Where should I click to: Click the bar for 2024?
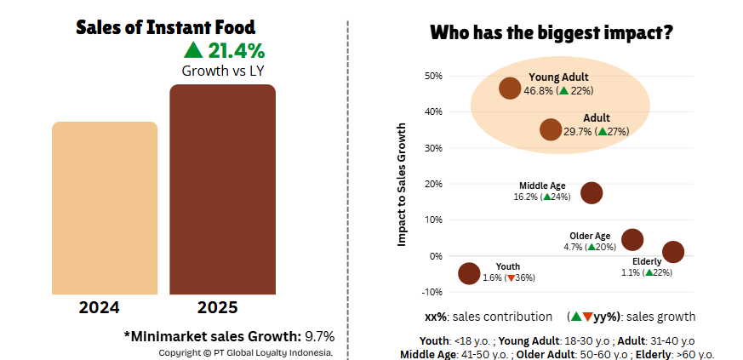click(105, 208)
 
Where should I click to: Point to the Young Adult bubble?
click(510, 89)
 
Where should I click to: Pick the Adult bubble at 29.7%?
click(551, 129)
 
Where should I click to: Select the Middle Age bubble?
click(592, 192)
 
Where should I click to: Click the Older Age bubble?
click(632, 239)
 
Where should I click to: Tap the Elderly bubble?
click(673, 252)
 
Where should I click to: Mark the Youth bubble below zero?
click(469, 273)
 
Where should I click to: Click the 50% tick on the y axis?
click(432, 76)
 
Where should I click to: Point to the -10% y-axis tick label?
click(432, 292)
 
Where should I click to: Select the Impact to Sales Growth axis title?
click(403, 185)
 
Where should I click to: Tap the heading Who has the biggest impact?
click(552, 33)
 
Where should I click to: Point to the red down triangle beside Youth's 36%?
click(510, 277)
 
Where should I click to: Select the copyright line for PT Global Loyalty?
click(246, 351)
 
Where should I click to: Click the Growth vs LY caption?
click(223, 71)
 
